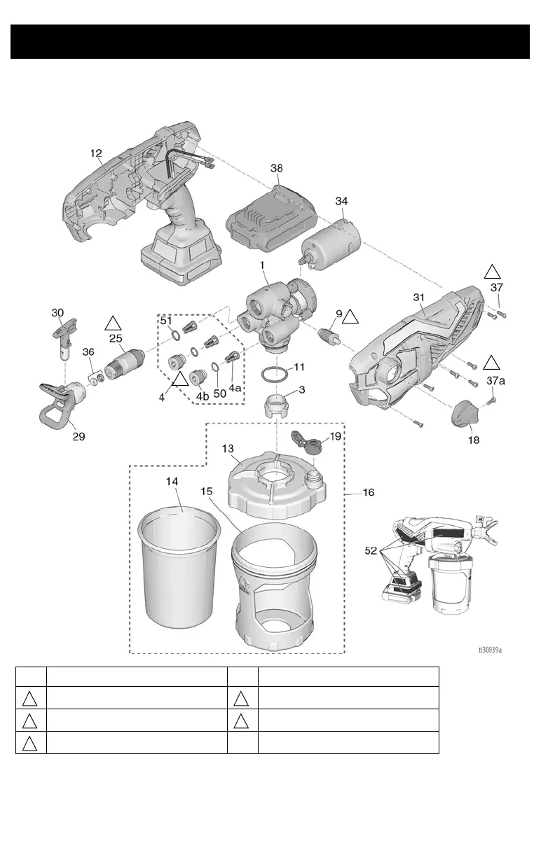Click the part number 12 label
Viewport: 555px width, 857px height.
coord(96,153)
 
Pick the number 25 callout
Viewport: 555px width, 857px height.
coord(116,337)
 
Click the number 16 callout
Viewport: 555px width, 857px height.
coord(368,492)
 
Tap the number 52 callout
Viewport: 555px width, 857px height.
coord(373,551)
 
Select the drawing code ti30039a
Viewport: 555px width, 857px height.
coord(491,649)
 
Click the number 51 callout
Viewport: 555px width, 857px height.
coord(167,321)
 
